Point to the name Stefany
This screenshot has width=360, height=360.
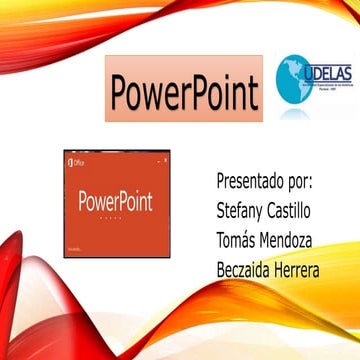click(245, 212)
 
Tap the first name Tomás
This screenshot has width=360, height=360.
click(241, 240)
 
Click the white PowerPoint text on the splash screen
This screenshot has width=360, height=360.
click(115, 200)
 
